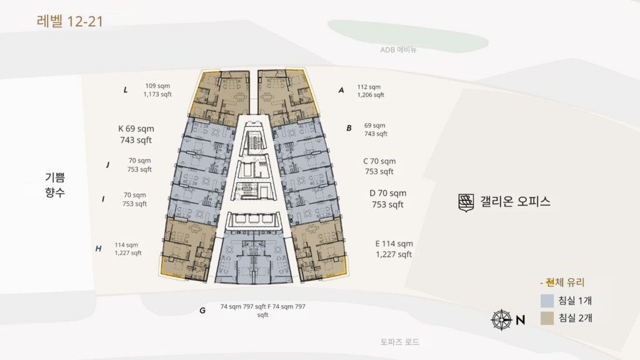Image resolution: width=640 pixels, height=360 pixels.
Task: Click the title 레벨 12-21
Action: click(x=69, y=22)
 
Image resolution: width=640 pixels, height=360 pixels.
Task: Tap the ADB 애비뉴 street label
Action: click(x=398, y=50)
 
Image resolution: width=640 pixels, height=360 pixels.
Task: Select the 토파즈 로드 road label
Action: click(x=399, y=342)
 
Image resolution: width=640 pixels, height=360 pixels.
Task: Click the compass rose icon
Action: click(x=501, y=320)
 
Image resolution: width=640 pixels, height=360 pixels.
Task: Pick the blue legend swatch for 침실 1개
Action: click(x=547, y=301)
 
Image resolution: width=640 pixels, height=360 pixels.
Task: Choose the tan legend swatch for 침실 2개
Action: click(x=547, y=319)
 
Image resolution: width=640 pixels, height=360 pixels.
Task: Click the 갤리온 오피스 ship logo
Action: click(x=466, y=202)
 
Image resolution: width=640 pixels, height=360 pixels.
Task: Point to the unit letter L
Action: click(x=126, y=90)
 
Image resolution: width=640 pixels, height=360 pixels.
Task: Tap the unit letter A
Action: click(x=341, y=90)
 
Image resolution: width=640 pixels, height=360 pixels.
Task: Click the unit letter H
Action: click(x=98, y=249)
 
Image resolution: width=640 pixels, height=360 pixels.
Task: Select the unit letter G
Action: click(x=202, y=310)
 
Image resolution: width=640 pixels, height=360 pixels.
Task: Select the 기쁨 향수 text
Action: click(x=55, y=186)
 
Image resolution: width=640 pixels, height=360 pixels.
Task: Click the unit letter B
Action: click(x=349, y=128)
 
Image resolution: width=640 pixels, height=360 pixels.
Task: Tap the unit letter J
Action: click(x=107, y=165)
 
